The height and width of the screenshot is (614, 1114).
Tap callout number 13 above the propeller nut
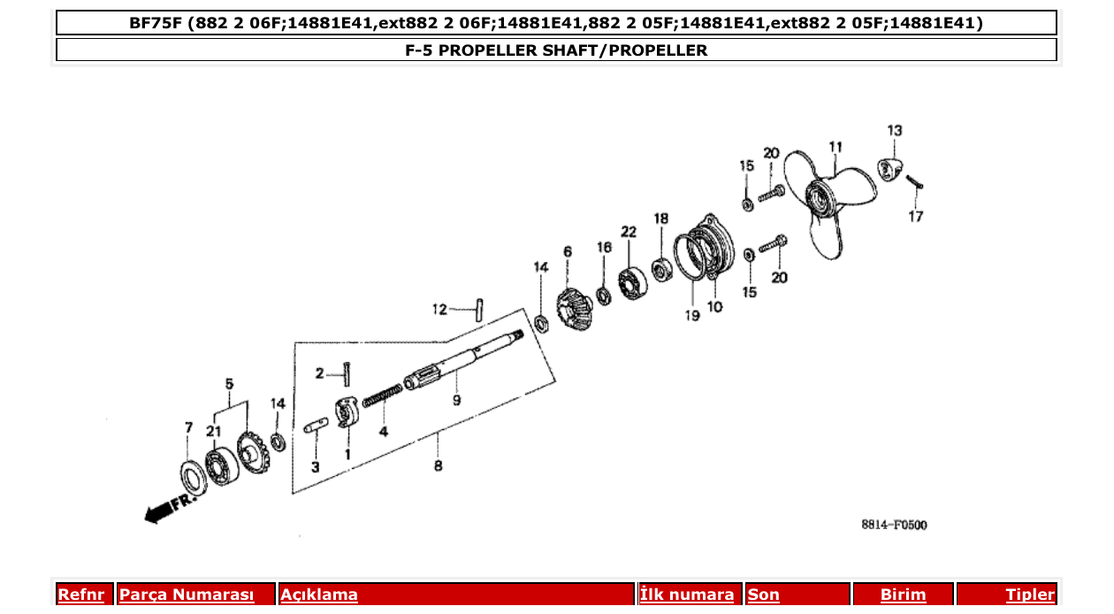point(895,131)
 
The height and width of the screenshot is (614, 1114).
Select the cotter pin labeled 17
point(914,181)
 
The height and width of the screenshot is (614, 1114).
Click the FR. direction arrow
point(168,508)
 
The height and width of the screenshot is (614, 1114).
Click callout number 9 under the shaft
point(456,401)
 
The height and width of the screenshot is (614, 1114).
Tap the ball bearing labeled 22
point(634,281)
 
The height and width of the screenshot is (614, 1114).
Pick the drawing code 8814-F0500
point(894,525)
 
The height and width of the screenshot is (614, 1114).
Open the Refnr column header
point(80,595)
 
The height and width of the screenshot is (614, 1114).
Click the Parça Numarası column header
point(187,595)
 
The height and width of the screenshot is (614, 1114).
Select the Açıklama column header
point(319,595)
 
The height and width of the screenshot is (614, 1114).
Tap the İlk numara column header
point(687,595)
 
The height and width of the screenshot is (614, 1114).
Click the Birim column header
point(903,595)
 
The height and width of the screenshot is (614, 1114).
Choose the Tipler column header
point(1029,595)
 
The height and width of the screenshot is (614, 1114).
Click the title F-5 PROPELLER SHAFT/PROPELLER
point(556,50)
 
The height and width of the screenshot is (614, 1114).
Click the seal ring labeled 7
point(192,476)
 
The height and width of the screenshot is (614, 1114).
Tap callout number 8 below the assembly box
point(438,466)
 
